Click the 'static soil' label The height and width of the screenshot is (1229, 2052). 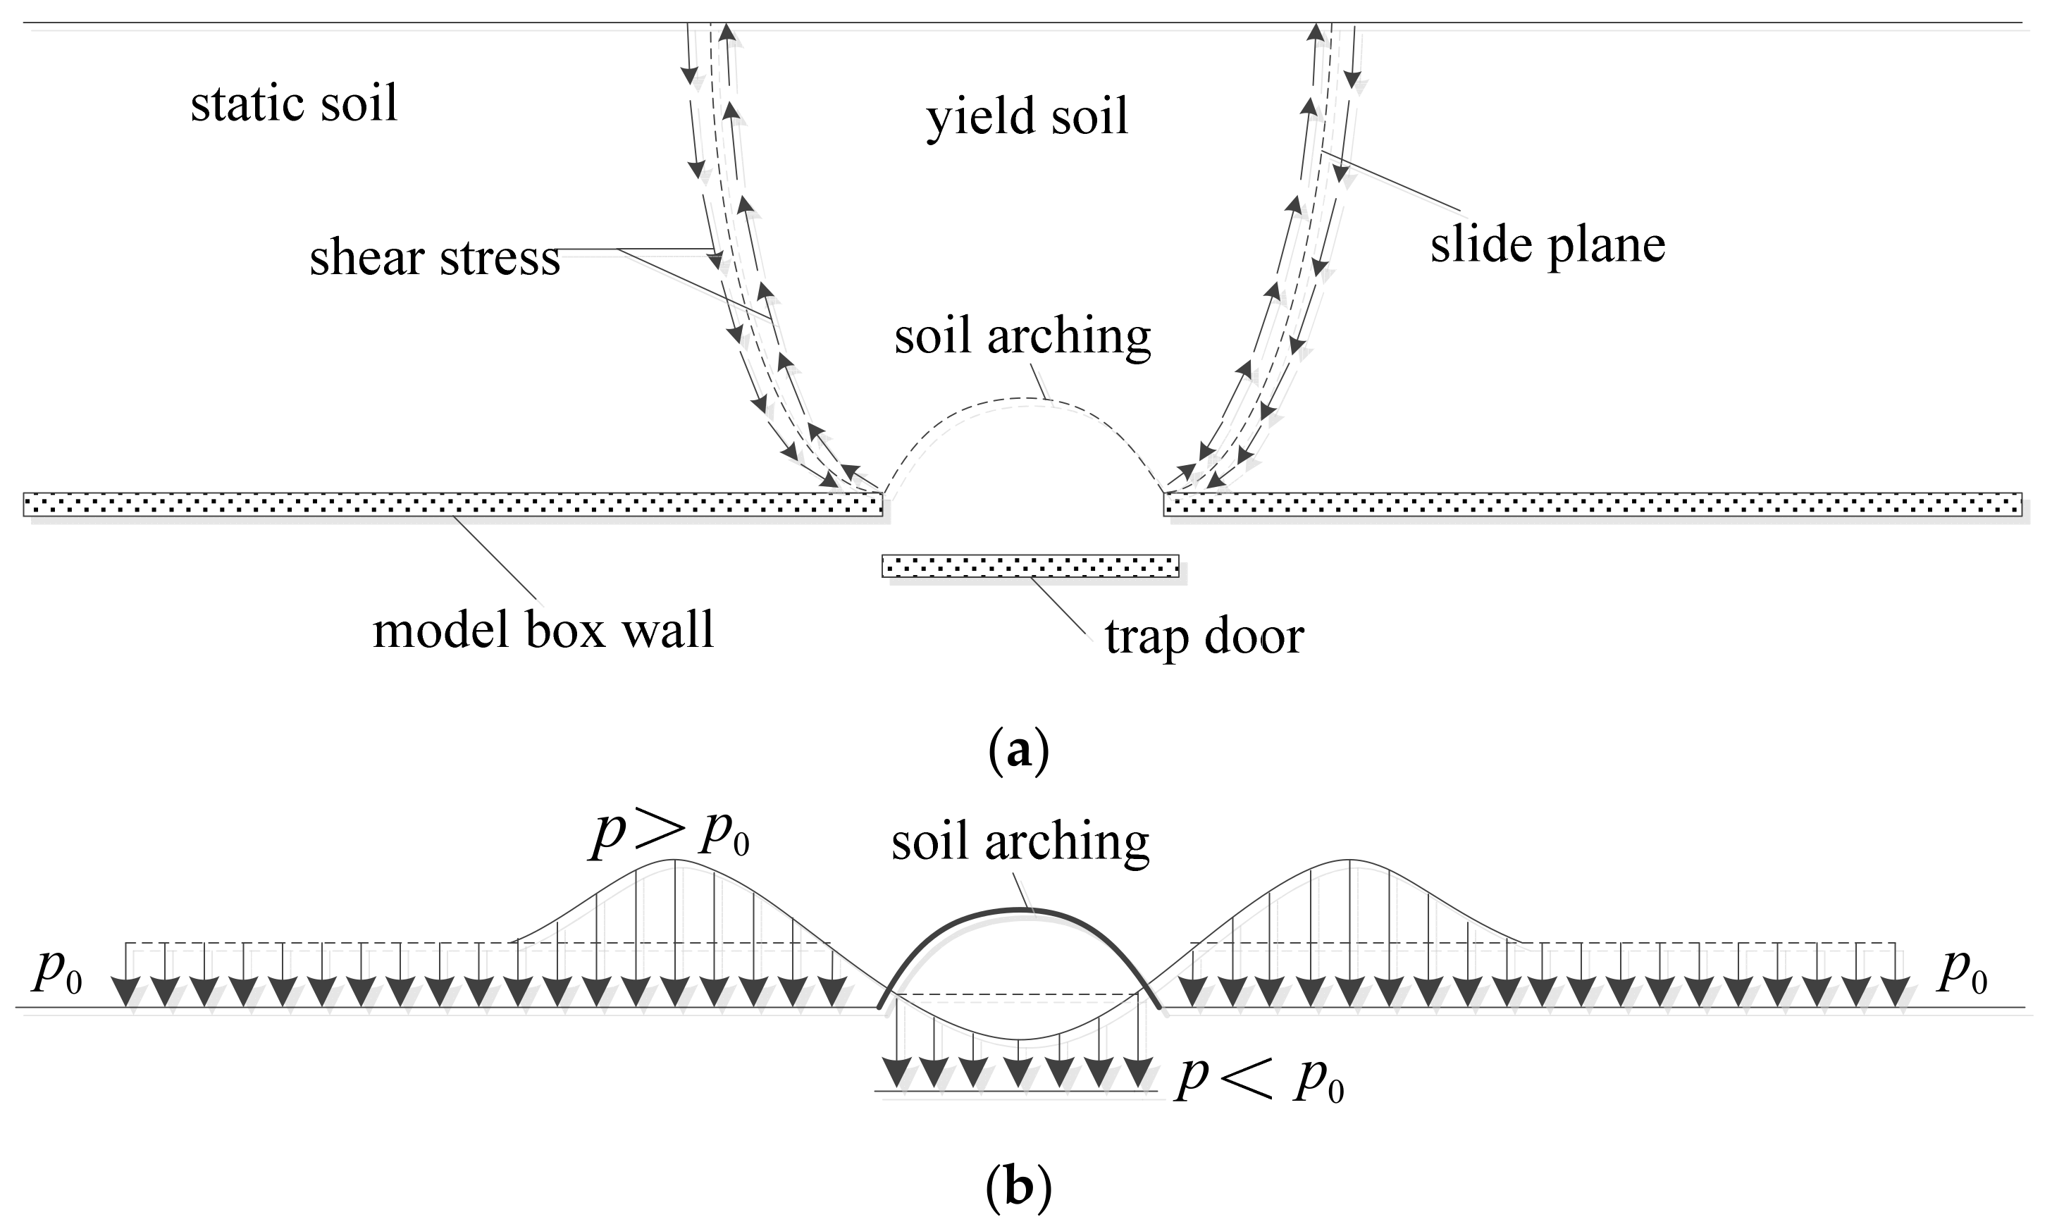pyautogui.click(x=294, y=104)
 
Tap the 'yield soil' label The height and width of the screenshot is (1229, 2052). pyautogui.click(x=1027, y=116)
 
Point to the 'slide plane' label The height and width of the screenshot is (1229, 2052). pyautogui.click(x=1547, y=245)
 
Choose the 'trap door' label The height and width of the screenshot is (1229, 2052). pyautogui.click(x=1204, y=637)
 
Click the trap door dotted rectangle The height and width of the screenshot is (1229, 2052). pyautogui.click(x=1030, y=566)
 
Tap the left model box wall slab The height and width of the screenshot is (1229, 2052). pyautogui.click(x=452, y=504)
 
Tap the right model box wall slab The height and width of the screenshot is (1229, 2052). pyautogui.click(x=1592, y=504)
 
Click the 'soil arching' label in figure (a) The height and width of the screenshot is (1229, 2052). pyautogui.click(x=1022, y=336)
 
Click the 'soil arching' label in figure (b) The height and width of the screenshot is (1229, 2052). pyautogui.click(x=1020, y=841)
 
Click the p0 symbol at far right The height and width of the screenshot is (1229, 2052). pyautogui.click(x=1963, y=972)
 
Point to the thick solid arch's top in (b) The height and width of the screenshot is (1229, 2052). pyautogui.click(x=1020, y=910)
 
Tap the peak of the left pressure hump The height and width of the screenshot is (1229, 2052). pyautogui.click(x=675, y=860)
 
